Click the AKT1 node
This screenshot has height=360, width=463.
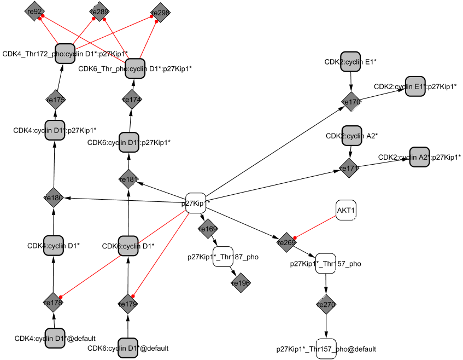coord(346,211)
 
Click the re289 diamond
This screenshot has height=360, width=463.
coord(99,11)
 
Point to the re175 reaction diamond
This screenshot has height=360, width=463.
coord(56,100)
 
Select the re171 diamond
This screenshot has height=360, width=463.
coord(348,169)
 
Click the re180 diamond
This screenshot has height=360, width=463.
coord(54,198)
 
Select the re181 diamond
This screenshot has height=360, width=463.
coord(129,179)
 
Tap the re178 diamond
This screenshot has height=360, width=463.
coord(53,301)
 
